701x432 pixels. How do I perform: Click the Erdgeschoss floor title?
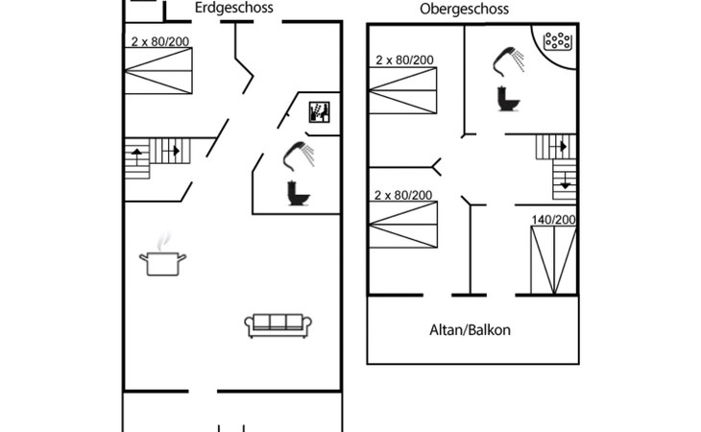[x=233, y=8]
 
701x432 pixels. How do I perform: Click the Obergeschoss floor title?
[x=464, y=10]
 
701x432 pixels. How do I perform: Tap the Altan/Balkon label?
[x=470, y=330]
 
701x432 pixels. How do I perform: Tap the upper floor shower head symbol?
[x=507, y=60]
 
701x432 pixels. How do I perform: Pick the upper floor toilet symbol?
[x=506, y=98]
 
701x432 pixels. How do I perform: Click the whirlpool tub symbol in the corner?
[x=558, y=42]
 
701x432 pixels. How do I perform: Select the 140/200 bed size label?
[x=554, y=220]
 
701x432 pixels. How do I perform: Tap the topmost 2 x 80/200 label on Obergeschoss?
[x=404, y=60]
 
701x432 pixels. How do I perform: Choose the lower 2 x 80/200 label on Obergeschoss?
[x=403, y=195]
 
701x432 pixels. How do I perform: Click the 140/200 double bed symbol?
[x=554, y=259]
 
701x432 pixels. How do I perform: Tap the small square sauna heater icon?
[x=320, y=112]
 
